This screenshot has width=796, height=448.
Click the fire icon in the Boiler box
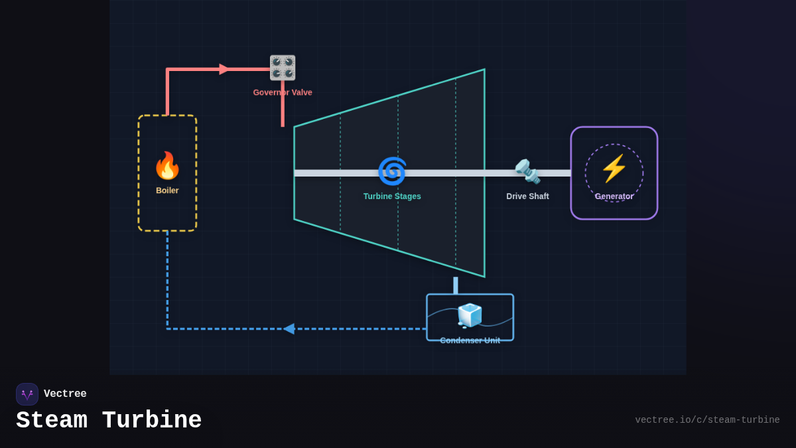[167, 166]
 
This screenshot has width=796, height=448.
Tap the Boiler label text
[167, 190]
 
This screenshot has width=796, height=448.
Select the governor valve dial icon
[283, 68]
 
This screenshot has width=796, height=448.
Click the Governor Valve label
[283, 93]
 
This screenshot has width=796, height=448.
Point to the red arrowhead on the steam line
[224, 69]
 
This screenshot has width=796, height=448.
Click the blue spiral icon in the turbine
[392, 171]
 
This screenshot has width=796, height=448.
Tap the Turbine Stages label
[392, 196]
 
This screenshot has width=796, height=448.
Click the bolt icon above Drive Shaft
[527, 171]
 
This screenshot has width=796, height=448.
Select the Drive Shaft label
[527, 196]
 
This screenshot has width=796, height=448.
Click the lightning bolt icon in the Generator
[614, 169]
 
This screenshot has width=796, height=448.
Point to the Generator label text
[614, 196]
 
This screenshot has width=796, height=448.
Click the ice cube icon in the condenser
[470, 316]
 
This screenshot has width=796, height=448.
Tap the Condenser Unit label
[470, 340]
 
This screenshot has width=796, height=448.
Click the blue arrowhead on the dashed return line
[289, 329]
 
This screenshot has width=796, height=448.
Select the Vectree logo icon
[27, 394]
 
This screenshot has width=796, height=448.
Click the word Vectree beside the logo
[65, 394]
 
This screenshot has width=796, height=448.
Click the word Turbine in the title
[152, 421]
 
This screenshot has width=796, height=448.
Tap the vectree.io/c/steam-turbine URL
[707, 420]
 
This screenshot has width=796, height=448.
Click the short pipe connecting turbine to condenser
[456, 285]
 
